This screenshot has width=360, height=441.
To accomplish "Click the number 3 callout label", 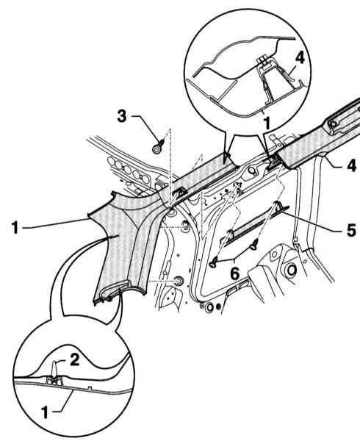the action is (122, 116).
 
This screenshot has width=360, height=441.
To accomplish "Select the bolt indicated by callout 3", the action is (158, 147).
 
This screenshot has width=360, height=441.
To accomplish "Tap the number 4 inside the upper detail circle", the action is (300, 59).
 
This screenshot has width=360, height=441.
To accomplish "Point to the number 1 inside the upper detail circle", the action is (267, 123).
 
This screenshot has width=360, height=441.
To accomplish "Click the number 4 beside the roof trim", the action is (351, 165).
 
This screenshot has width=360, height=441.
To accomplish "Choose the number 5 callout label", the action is (351, 231).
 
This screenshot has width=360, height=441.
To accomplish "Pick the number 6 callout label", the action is (235, 273).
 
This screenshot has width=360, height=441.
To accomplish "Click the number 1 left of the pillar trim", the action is (15, 228).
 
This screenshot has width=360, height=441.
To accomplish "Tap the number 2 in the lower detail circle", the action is (74, 359).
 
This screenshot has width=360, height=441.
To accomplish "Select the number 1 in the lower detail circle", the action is (46, 413).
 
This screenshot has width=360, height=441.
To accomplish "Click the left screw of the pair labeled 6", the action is (214, 264).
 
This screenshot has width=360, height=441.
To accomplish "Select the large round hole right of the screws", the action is (292, 270).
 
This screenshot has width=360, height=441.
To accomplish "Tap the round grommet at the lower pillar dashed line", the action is (179, 281).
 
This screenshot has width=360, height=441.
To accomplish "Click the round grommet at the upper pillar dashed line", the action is (185, 226).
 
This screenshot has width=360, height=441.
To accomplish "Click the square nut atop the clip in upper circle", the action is (263, 60).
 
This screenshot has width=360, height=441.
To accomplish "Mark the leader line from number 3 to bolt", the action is (148, 128).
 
